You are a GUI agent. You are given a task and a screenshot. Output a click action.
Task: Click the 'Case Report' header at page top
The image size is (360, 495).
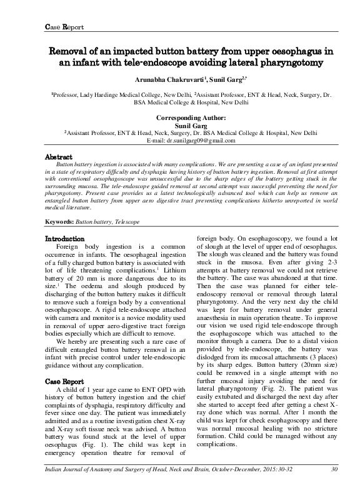click(61, 27)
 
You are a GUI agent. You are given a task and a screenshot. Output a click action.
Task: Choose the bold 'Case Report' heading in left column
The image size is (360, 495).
click(66, 381)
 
